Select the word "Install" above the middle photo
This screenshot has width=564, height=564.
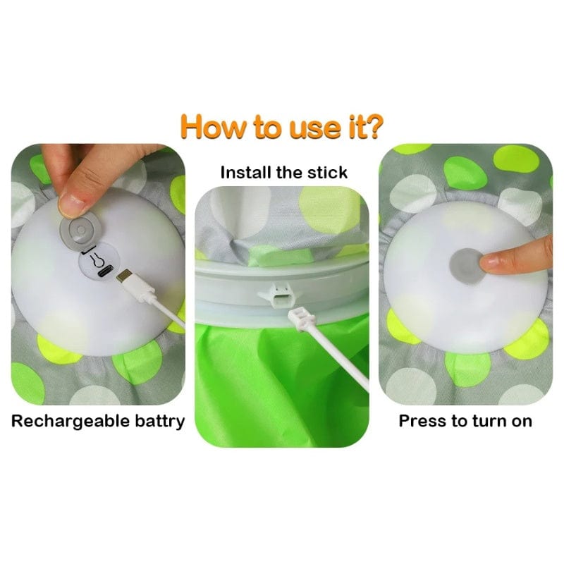pyautogui.click(x=245, y=172)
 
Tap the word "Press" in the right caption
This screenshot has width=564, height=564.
pyautogui.click(x=420, y=421)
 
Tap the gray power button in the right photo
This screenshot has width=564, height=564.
pyautogui.click(x=467, y=266)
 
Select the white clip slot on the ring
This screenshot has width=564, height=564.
pyautogui.click(x=278, y=293)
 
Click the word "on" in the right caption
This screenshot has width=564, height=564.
pyautogui.click(x=522, y=422)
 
